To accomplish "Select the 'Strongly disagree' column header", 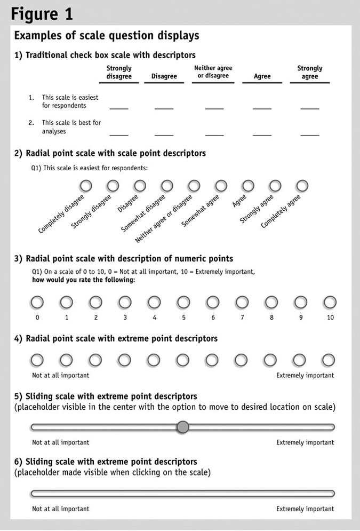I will [119, 73].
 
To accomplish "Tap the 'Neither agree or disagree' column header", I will [213, 72].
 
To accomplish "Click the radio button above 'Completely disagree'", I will [85, 186].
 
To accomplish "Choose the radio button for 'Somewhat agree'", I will [221, 186].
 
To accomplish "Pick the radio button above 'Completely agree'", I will [302, 186].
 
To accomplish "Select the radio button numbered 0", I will [37, 303].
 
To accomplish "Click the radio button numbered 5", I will [183, 303].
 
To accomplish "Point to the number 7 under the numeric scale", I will [242, 318].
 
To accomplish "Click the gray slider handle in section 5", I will [183, 427].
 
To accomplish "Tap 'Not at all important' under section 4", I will [61, 375].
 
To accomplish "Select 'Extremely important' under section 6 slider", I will [305, 509].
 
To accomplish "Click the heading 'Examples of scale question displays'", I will [107, 36].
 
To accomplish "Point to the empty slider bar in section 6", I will [183, 493].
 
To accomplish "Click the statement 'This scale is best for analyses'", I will [71, 126].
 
